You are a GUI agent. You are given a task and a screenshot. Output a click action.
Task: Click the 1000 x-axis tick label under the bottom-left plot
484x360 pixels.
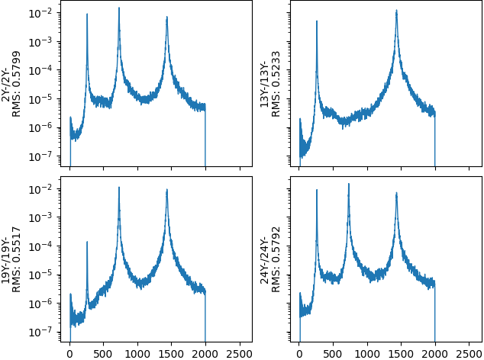(x=137, y=353)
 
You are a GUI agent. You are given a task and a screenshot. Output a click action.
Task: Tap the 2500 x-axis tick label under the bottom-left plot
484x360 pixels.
(x=238, y=353)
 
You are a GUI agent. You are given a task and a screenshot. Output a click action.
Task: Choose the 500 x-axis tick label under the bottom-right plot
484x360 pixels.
(x=333, y=353)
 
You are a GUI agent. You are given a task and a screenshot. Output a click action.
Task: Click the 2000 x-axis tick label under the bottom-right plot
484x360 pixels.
(x=434, y=353)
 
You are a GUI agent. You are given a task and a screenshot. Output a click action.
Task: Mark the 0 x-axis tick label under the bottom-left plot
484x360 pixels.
(x=70, y=353)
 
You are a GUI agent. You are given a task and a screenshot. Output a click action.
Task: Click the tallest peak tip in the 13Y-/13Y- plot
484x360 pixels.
(x=397, y=10)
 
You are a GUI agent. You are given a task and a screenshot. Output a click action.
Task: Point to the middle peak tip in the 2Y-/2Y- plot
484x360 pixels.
(x=119, y=8)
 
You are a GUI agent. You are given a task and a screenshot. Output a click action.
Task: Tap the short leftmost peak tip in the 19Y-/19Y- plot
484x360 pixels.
(x=87, y=242)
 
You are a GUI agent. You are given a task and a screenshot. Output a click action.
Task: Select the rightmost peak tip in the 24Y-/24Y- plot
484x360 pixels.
(x=397, y=192)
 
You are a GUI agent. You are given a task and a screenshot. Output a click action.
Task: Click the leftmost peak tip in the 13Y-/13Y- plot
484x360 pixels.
(x=317, y=21)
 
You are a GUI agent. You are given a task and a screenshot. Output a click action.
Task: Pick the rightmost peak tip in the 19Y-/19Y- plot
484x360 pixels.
(x=167, y=190)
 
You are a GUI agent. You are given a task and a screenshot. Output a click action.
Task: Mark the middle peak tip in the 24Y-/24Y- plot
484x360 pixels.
(x=349, y=183)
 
